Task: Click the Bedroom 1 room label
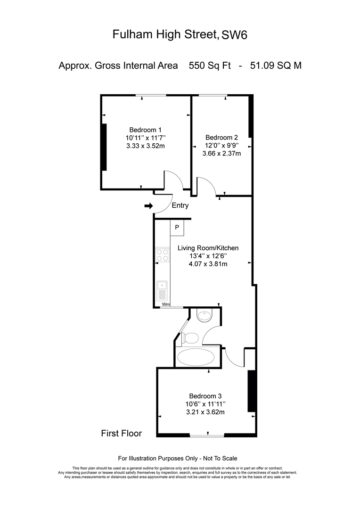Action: [145, 130]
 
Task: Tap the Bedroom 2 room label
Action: [221, 138]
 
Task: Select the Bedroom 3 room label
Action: [205, 396]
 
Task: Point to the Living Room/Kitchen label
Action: [208, 248]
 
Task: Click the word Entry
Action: [180, 205]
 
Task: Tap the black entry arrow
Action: [149, 206]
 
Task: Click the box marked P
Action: [177, 228]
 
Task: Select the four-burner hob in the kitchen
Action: [163, 255]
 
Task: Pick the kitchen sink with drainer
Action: [162, 291]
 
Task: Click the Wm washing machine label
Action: [166, 304]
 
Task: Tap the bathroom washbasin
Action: [205, 315]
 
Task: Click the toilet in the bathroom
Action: [190, 338]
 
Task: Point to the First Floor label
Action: [122, 434]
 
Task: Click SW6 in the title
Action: [234, 35]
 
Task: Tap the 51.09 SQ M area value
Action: [276, 66]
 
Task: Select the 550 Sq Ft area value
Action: [210, 66]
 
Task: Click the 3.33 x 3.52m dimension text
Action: [146, 146]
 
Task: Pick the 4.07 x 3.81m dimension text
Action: [208, 264]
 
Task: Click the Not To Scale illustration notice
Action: [220, 459]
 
